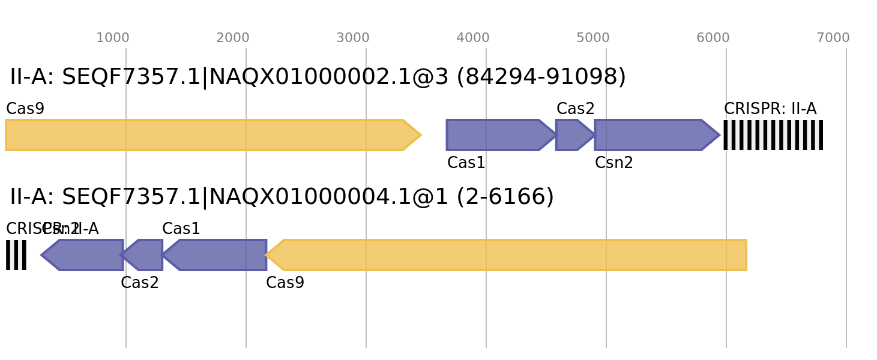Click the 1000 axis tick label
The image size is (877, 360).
click(x=113, y=38)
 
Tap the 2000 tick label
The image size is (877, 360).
click(x=233, y=38)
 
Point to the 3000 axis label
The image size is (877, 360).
click(x=353, y=38)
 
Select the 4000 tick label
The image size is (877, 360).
click(x=473, y=38)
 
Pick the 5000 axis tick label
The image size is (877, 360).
click(x=593, y=38)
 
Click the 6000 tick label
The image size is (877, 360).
click(x=713, y=38)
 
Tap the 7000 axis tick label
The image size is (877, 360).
click(x=833, y=38)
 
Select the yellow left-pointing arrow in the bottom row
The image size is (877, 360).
click(x=510, y=255)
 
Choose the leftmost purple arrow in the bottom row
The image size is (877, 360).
click(x=84, y=255)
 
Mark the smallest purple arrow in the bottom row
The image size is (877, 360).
click(x=145, y=255)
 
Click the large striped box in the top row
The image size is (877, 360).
click(x=773, y=135)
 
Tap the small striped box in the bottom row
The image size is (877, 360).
click(x=16, y=255)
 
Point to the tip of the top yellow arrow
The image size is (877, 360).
click(x=421, y=135)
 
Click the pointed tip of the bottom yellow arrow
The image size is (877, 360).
click(x=267, y=255)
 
